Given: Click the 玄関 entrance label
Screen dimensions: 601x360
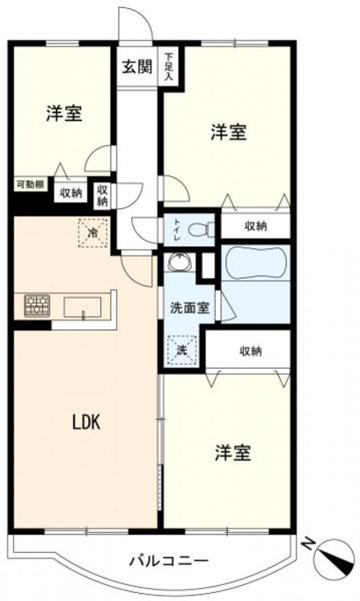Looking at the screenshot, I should [x=136, y=67].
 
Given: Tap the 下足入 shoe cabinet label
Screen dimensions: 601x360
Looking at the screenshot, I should [x=168, y=67].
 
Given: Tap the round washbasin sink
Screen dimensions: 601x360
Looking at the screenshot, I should [x=179, y=264].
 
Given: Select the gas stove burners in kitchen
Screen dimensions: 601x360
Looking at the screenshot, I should [x=36, y=305].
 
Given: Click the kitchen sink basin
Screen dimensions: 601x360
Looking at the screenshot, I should [x=82, y=306].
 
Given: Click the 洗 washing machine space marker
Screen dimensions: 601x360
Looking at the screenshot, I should [x=180, y=349].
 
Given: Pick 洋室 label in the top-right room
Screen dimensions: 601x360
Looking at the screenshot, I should [x=229, y=132].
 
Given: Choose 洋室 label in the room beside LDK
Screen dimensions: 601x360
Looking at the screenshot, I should [x=232, y=454].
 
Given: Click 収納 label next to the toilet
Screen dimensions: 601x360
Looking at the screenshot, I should [x=256, y=227].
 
